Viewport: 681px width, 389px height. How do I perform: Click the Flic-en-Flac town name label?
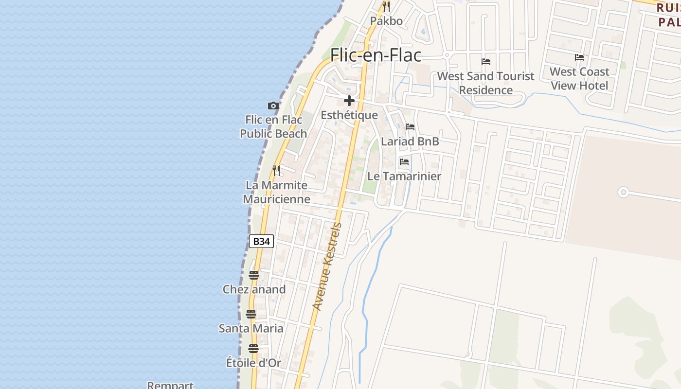coord(376,55)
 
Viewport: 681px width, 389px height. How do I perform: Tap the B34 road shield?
coord(261,241)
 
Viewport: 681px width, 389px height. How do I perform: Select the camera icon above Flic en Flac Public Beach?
coord(273,106)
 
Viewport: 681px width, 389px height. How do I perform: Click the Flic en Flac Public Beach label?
coord(273,126)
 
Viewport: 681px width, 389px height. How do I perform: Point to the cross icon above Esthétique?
coord(349,101)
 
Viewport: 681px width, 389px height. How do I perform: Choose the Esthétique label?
coord(349,115)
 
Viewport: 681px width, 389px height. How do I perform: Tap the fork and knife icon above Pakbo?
coord(386,7)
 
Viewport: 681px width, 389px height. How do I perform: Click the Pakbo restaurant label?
coord(386,21)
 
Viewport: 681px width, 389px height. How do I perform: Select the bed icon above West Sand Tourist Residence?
coord(485,62)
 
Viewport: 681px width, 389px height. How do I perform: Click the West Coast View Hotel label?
coord(579,79)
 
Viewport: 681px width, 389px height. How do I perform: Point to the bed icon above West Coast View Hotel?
coord(579,57)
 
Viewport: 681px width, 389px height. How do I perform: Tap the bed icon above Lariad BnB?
coord(410,127)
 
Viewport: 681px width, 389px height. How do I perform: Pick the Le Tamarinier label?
coord(404,176)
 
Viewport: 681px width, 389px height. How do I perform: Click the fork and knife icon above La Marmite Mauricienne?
coord(276,171)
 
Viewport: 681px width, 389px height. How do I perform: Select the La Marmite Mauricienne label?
coord(276,192)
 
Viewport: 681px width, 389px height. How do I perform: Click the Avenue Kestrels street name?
coord(327,266)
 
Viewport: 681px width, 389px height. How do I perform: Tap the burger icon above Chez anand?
coord(253,275)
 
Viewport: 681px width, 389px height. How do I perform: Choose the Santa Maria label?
coord(251,328)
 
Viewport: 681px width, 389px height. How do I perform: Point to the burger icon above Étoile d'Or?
coord(253,348)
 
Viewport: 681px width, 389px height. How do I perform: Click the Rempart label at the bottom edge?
coord(170,385)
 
